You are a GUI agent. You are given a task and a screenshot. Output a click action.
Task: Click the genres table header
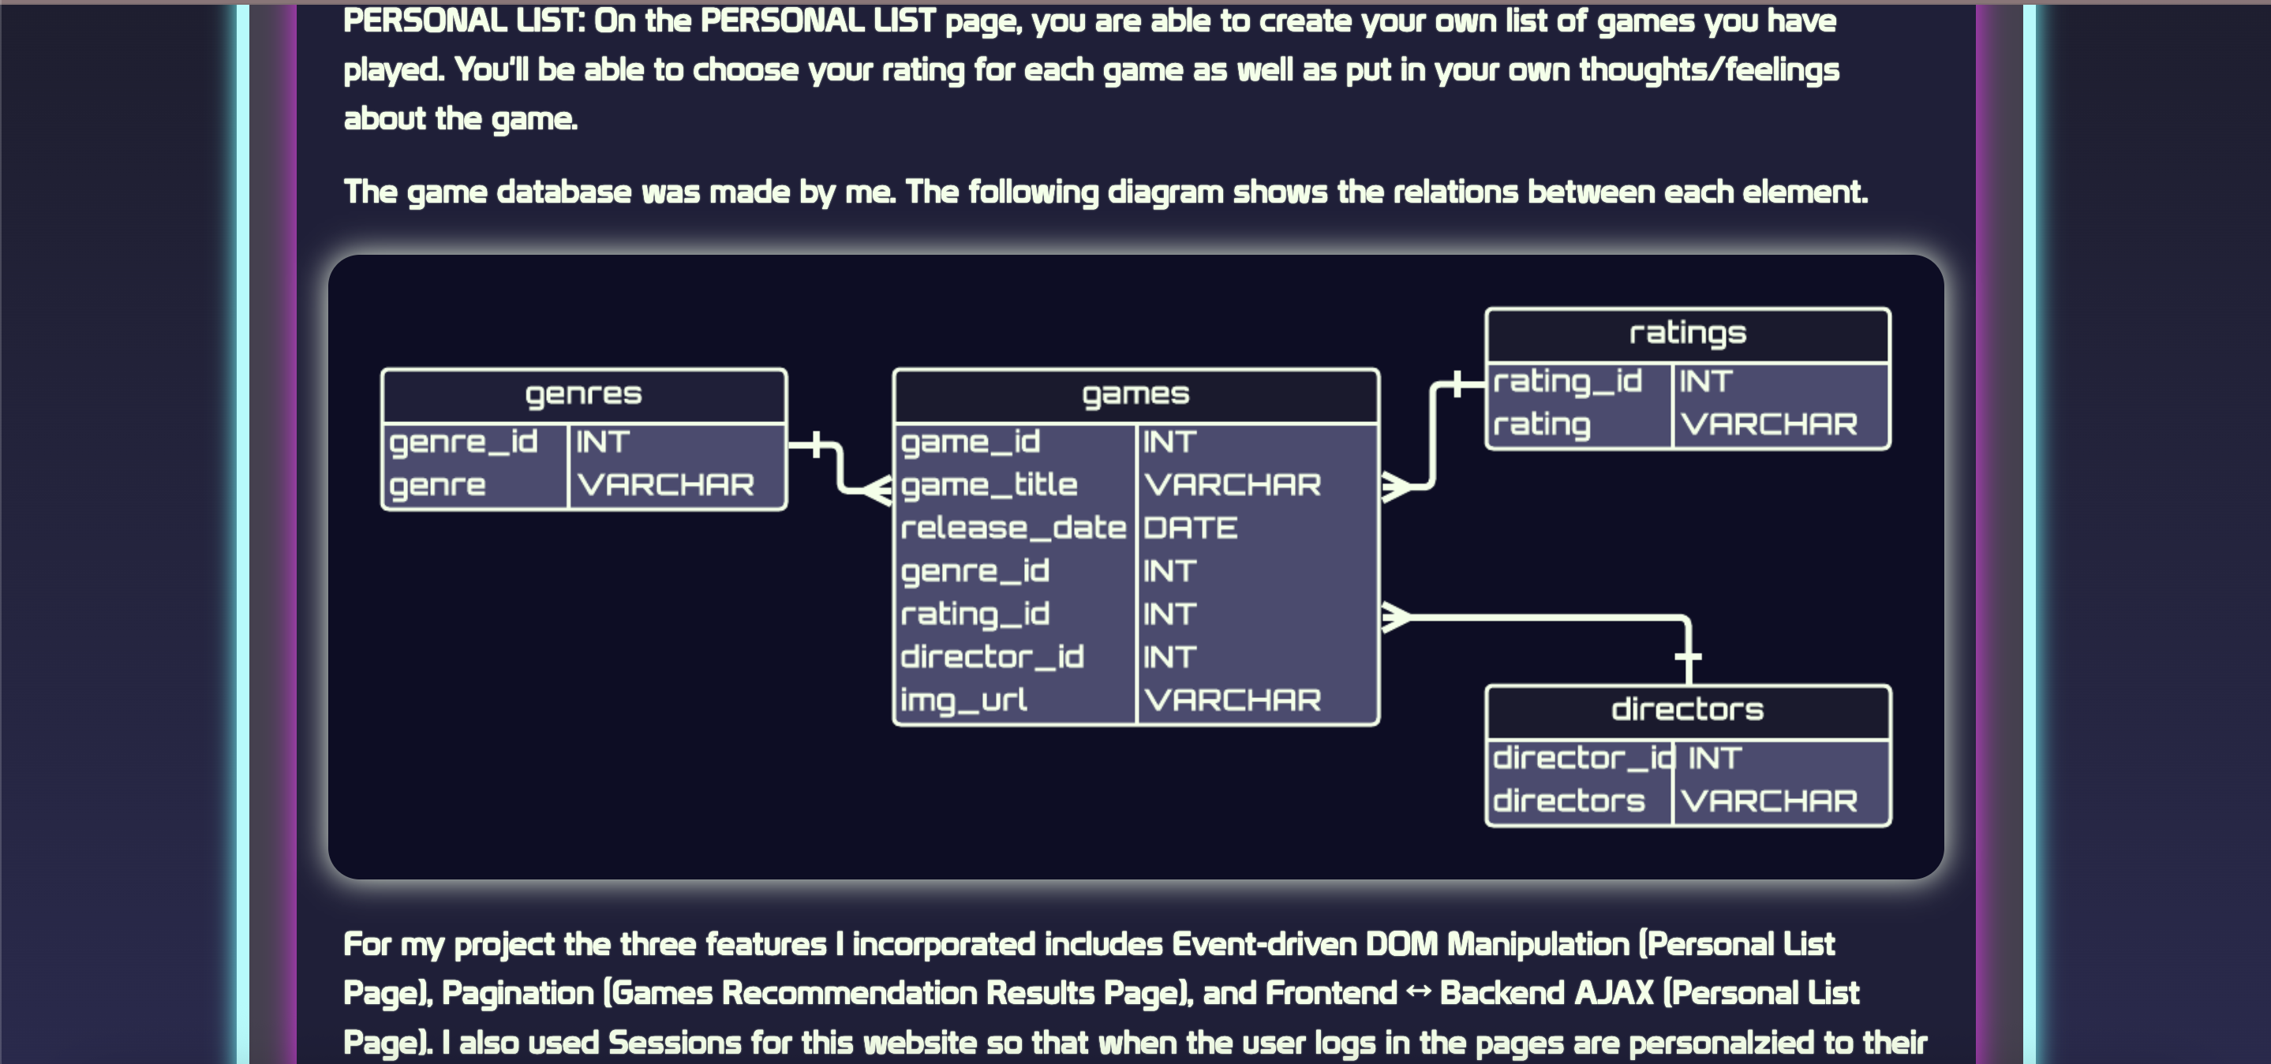pos(584,394)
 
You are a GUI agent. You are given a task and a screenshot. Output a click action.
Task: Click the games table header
pos(1135,394)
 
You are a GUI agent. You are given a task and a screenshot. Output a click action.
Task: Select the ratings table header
pos(1686,333)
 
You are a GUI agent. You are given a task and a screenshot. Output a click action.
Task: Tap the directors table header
pos(1686,710)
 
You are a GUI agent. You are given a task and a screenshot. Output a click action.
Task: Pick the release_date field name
pos(1013,528)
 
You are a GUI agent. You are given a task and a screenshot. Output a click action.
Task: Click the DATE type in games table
pos(1190,528)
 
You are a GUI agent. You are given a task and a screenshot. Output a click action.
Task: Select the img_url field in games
pos(963,700)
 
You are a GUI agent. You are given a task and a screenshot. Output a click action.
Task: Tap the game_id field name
pos(971,442)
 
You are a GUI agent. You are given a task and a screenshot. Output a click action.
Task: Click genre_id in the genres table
pos(464,442)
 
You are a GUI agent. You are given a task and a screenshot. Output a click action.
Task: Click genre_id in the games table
pos(975,571)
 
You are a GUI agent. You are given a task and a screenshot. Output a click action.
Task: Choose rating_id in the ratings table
pos(1567,381)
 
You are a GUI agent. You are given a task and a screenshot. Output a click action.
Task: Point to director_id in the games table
pos(992,657)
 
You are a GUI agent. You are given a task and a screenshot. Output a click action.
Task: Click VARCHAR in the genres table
pos(666,485)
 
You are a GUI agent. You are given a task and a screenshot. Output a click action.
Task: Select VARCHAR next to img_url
pos(1233,700)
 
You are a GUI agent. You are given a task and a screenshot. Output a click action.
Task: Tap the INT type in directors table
pos(1715,758)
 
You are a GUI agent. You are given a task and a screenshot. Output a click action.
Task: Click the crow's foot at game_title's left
pos(877,489)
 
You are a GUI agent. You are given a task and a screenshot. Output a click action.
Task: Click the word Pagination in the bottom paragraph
pos(518,994)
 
